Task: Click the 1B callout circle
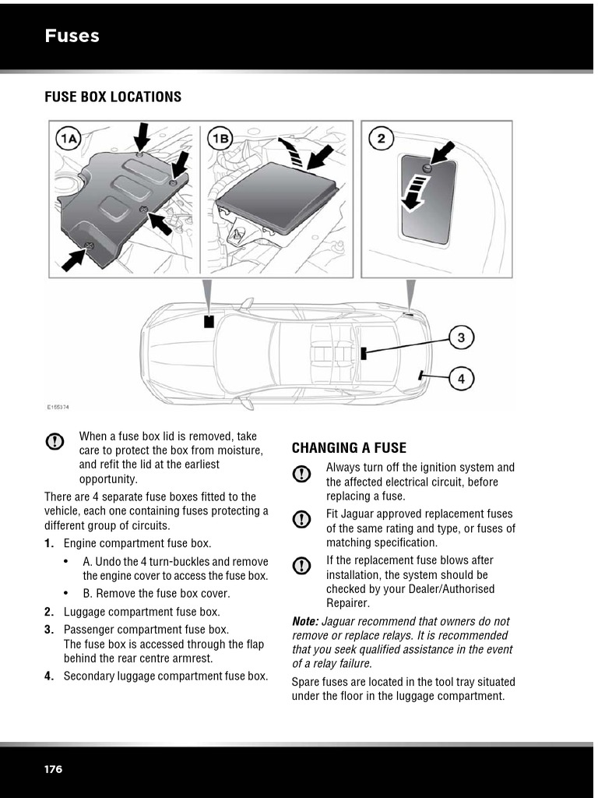coord(220,139)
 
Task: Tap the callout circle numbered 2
coord(381,139)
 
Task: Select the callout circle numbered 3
coord(461,337)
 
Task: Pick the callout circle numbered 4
coord(461,379)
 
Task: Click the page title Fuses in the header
coord(72,36)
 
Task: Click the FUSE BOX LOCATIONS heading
coord(113,97)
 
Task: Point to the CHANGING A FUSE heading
coord(349,447)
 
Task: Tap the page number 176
coord(53,769)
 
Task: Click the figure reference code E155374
coord(58,407)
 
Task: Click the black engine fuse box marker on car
coord(209,322)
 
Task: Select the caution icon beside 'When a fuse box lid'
coord(55,441)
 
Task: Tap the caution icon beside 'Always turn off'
coord(302,473)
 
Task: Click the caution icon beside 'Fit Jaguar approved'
coord(302,519)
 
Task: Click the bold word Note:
coord(304,621)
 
